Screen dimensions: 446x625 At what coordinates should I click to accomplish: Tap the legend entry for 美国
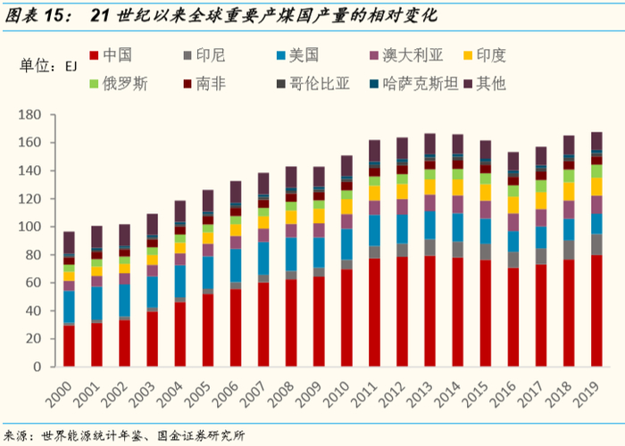pyautogui.click(x=304, y=56)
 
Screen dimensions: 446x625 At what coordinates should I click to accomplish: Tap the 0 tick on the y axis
pyautogui.click(x=39, y=368)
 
